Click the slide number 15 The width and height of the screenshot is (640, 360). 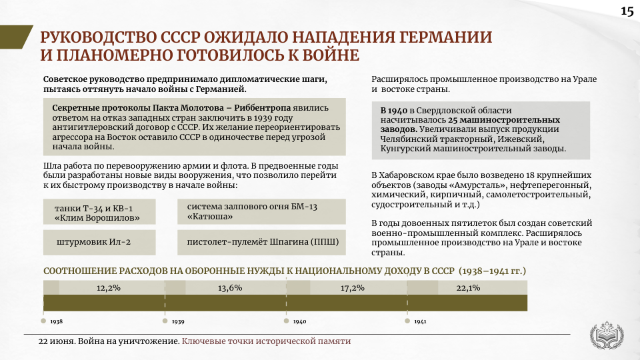(x=627, y=11)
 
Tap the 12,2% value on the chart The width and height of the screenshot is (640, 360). (x=108, y=288)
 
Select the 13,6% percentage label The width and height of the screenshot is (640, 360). (x=230, y=288)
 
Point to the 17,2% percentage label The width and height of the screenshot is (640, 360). (x=352, y=288)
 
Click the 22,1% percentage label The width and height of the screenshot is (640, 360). (x=468, y=288)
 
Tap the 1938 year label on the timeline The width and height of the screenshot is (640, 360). (x=56, y=321)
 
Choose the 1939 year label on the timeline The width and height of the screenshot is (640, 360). (x=178, y=321)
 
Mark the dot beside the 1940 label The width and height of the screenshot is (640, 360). (x=287, y=321)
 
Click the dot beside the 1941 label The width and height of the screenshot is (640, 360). (x=407, y=321)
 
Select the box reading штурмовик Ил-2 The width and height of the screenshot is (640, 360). (x=99, y=242)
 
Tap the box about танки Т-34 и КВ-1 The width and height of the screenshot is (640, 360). (x=99, y=212)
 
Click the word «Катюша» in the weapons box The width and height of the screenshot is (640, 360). (x=210, y=217)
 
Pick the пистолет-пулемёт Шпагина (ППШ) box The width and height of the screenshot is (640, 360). (x=261, y=242)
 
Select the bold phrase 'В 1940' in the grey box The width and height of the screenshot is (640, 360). (x=394, y=111)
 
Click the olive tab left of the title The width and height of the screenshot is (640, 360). (x=15, y=37)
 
